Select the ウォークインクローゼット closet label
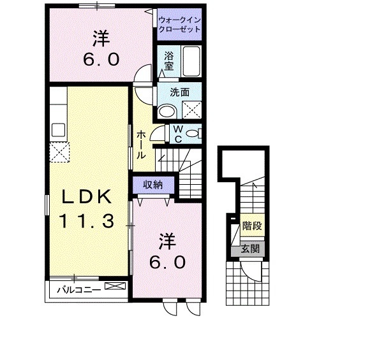coord(179,24)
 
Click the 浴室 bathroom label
coord(169,60)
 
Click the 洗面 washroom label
coord(179,92)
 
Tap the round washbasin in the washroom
coord(167,112)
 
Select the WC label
coord(178,133)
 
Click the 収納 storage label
coord(152,185)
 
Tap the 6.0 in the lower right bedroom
coord(169,262)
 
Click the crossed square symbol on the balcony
coord(115,288)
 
